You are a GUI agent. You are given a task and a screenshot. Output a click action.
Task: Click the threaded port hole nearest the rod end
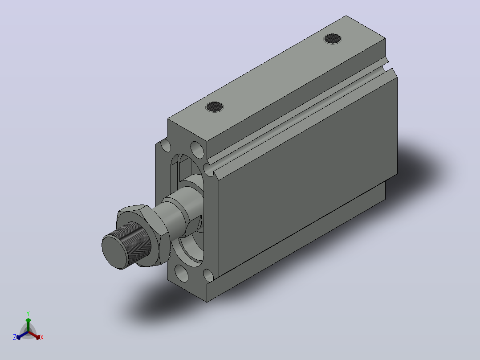215,107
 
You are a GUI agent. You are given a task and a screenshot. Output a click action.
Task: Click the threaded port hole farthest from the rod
333,39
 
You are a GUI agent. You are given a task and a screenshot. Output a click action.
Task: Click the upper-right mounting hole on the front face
197,150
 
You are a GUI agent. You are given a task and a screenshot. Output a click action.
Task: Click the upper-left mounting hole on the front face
166,145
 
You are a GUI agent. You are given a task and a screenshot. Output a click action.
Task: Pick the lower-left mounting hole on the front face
182,273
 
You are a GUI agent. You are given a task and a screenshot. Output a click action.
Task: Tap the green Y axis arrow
28,325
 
